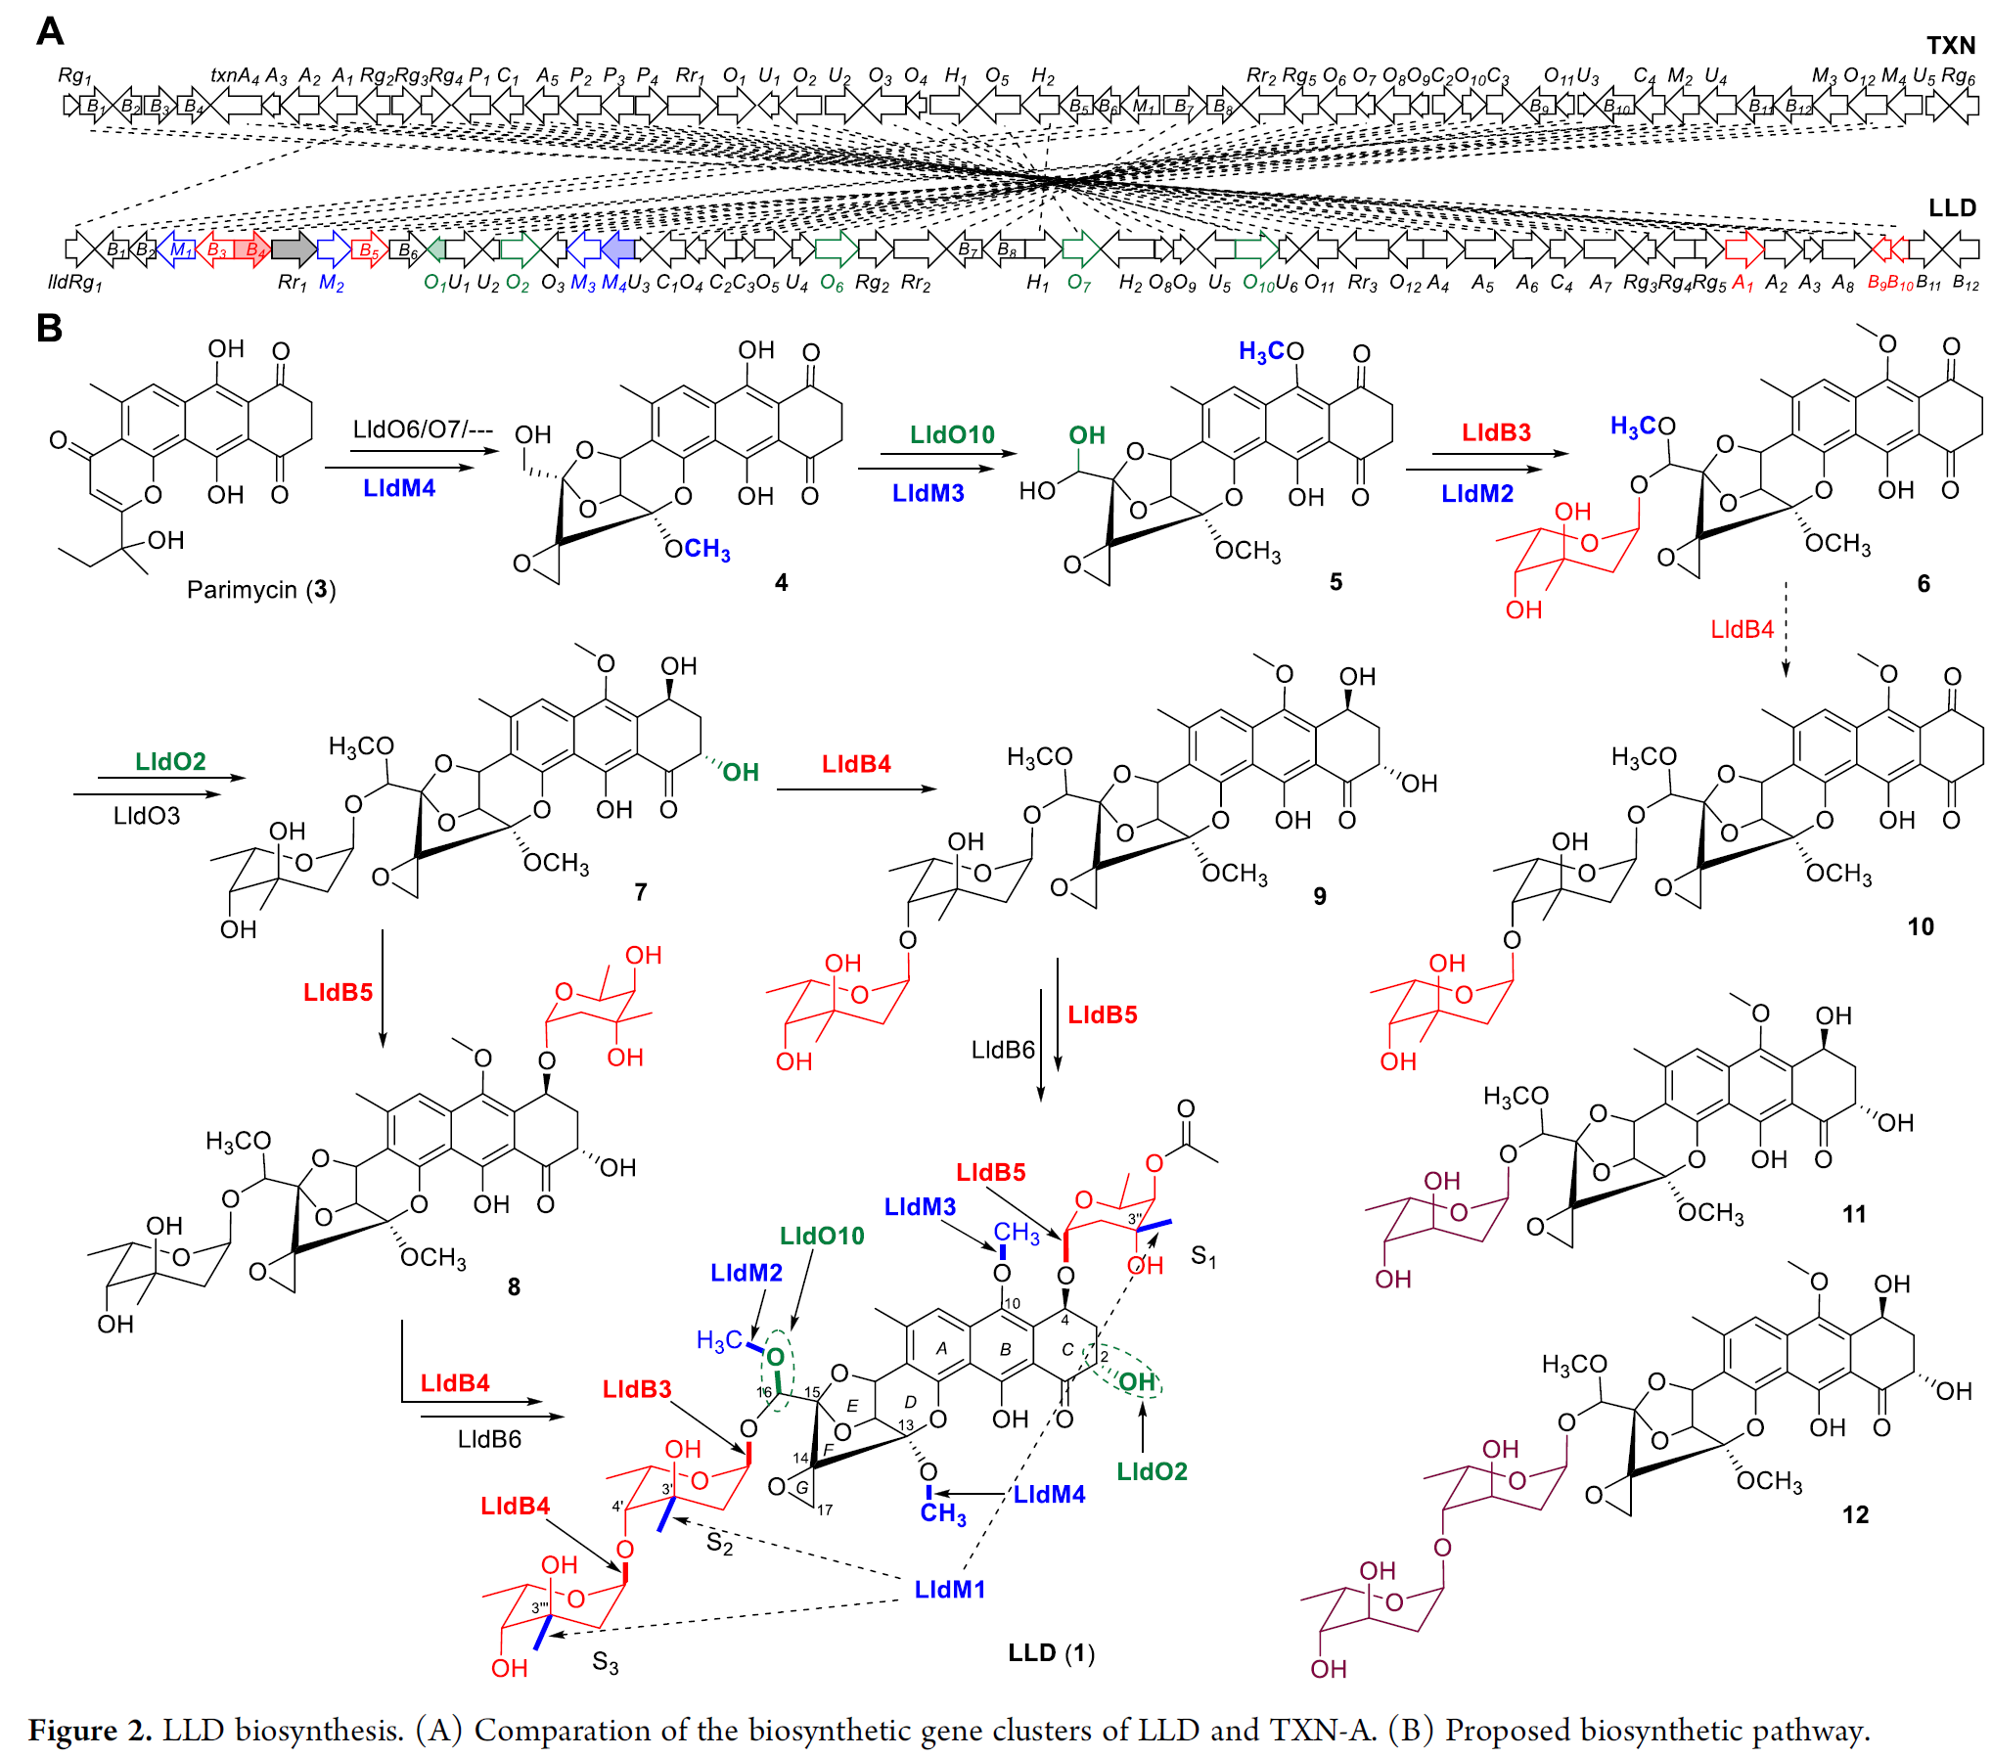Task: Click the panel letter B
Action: [49, 328]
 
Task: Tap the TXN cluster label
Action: [1951, 45]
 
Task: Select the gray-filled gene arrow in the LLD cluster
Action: [293, 249]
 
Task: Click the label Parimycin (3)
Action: [260, 590]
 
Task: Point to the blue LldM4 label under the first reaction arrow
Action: [399, 488]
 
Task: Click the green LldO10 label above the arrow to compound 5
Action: [951, 434]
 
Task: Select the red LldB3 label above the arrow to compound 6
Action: [1496, 432]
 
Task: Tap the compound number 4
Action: [781, 583]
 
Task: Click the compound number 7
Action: [641, 892]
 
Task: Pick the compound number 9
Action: [1320, 896]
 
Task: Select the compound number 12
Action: [1855, 1515]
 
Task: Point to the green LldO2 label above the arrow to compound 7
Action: [170, 761]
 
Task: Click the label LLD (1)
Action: [1052, 1653]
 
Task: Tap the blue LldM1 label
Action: [949, 1590]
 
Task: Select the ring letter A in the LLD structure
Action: [941, 1348]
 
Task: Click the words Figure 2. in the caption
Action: [90, 1730]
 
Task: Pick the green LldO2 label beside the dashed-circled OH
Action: [1152, 1471]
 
